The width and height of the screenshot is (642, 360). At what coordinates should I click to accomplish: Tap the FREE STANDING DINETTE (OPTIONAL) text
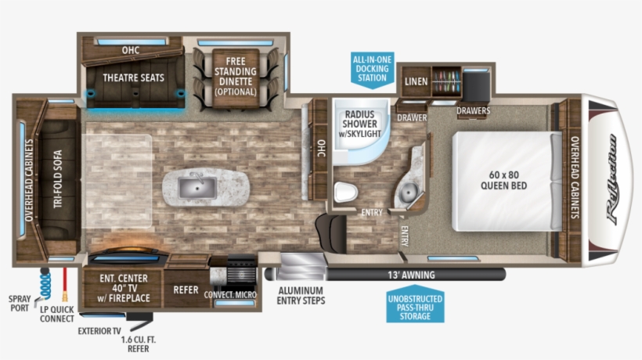[x=236, y=76]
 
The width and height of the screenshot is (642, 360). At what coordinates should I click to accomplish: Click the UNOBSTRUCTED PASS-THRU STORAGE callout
[x=414, y=308]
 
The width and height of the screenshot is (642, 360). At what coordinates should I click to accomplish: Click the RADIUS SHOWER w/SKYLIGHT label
[x=359, y=124]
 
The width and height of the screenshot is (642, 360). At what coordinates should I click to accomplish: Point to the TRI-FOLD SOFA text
[x=57, y=180]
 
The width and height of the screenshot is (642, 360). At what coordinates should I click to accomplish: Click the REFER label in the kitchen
[x=186, y=290]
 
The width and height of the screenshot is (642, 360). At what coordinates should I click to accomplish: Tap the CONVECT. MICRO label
[x=230, y=295]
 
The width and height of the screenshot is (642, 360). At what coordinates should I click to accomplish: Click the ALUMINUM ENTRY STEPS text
[x=301, y=295]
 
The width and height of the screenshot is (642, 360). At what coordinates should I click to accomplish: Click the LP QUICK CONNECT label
[x=57, y=313]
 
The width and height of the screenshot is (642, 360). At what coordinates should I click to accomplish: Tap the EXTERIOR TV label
[x=99, y=330]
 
